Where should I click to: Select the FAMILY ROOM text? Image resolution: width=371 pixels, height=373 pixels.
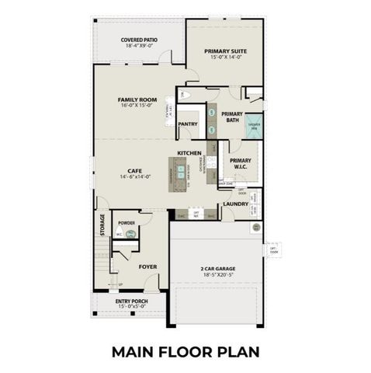tap(133, 100)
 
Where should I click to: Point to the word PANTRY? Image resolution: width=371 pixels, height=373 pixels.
tap(188, 124)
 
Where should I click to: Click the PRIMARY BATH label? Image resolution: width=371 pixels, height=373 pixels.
tap(232, 117)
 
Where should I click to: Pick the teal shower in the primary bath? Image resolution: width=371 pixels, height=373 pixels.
tap(254, 127)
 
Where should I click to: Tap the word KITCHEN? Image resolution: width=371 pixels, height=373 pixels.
tap(189, 152)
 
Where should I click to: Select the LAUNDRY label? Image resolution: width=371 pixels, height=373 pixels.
tap(235, 204)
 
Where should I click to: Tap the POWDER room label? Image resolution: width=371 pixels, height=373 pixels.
tap(126, 223)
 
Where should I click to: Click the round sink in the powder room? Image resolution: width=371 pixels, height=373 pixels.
tap(109, 233)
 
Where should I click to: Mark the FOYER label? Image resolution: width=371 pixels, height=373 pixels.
tap(147, 267)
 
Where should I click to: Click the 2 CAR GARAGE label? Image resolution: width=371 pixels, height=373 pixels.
tap(217, 269)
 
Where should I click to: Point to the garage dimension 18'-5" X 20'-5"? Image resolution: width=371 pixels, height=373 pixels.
tap(217, 275)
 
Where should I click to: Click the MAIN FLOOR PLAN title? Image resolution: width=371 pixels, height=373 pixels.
tap(185, 350)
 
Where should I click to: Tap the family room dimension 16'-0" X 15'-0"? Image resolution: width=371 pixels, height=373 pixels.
tap(133, 106)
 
